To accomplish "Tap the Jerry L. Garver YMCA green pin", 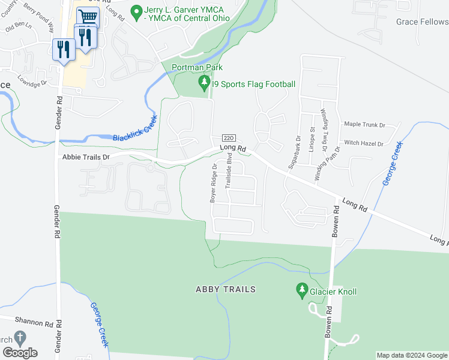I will coord(136,11).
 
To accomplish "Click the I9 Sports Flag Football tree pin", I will coord(205,83).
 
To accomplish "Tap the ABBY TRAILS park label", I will coord(225,289).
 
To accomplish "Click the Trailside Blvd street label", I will coord(229,172).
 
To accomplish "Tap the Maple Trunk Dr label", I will coord(364,125).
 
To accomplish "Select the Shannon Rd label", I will coord(26,323).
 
